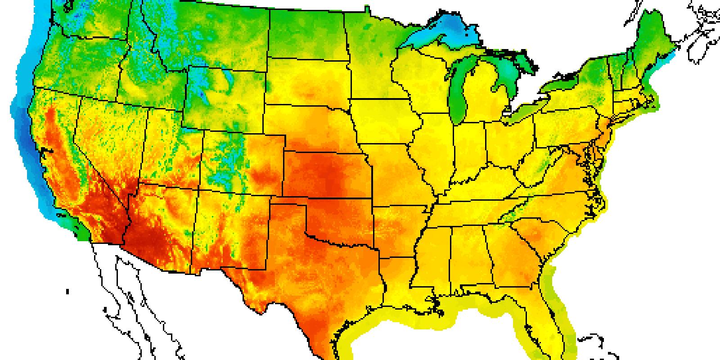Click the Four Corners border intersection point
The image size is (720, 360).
tap(198, 189)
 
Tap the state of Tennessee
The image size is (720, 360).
tap(486, 211)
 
